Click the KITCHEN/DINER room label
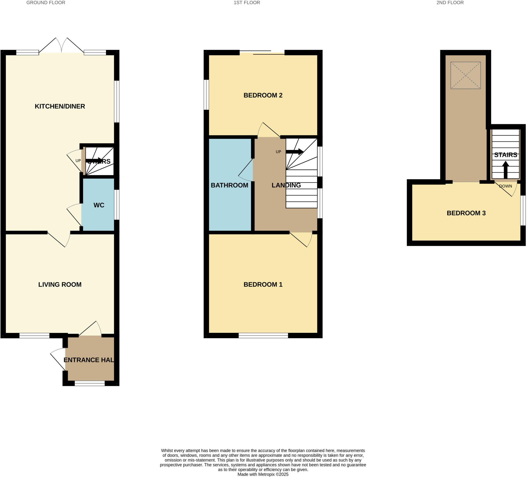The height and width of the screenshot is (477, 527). coord(60,106)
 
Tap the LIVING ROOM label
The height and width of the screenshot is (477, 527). coord(60,284)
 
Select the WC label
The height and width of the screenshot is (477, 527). coord(99,205)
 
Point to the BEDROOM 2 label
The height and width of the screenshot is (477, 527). coord(263,96)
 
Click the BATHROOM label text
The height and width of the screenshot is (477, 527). coord(230,185)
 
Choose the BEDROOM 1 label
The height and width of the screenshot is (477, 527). coord(263,284)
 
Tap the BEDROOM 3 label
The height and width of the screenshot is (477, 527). coord(466,213)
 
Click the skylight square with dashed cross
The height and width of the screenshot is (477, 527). coord(465,75)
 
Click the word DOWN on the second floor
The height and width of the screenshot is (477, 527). coord(506,186)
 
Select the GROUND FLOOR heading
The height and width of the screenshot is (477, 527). coord(46,3)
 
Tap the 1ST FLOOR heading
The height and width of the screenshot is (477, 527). coord(247,3)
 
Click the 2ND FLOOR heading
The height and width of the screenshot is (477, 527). coord(450,3)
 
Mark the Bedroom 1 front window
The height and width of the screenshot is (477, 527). coord(263,335)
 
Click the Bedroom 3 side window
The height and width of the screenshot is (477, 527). coord(523,211)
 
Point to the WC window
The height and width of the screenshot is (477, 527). coord(117,205)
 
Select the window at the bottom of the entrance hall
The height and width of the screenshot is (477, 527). coord(90,383)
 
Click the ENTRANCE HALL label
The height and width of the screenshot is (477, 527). coord(89,360)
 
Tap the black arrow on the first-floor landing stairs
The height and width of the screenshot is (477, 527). coord(295,152)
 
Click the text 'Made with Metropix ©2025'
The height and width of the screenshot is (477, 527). coord(263,474)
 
